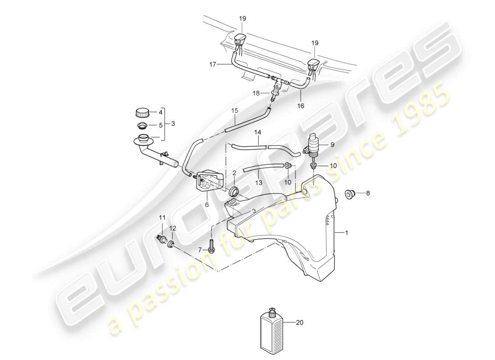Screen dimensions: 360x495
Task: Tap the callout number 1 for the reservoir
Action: [x=346, y=232]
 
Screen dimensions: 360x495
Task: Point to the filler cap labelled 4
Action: [x=141, y=112]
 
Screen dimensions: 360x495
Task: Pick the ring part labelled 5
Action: [x=141, y=125]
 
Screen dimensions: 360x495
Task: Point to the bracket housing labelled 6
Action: [x=209, y=182]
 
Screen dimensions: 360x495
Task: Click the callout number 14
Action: [x=257, y=133]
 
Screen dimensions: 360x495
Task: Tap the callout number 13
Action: [x=258, y=183]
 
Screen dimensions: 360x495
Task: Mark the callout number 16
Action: [x=301, y=106]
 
